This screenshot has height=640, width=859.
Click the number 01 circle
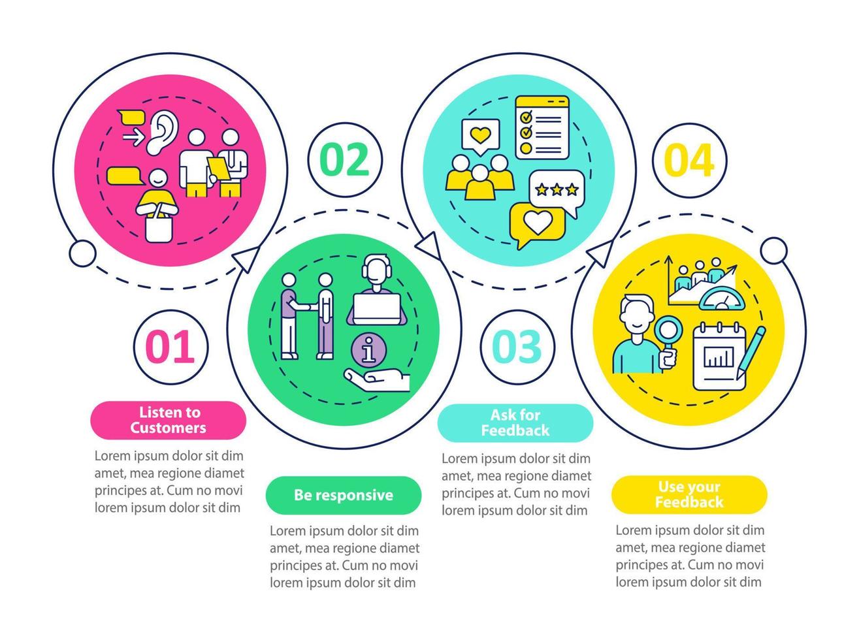coord(170,346)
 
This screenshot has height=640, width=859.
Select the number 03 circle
coord(517,346)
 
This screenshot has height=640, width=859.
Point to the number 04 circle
coord(689,160)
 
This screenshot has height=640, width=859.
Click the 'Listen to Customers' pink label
coord(168,420)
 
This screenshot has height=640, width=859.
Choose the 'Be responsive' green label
coord(343,495)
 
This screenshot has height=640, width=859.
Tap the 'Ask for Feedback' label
coord(515,423)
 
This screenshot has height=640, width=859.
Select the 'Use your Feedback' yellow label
coord(689,494)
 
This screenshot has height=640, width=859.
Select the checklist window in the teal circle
coord(542,127)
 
